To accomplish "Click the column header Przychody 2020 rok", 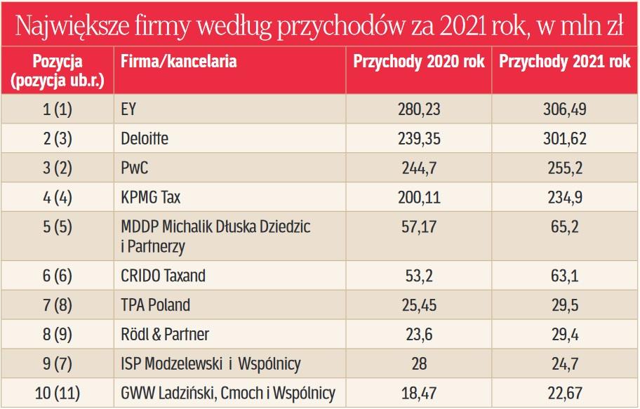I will (x=419, y=62).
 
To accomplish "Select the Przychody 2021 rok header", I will (x=564, y=62).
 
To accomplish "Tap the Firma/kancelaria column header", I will (x=178, y=62).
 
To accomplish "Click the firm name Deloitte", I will (x=145, y=139).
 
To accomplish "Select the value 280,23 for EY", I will (x=418, y=109).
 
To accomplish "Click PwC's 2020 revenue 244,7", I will (x=418, y=168).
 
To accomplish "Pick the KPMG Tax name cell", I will (x=151, y=198).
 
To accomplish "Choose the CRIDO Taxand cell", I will (x=164, y=276).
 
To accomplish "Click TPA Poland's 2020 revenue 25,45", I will (x=418, y=305).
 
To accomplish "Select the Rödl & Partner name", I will (x=165, y=335).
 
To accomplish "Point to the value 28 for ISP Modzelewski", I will (x=418, y=364).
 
